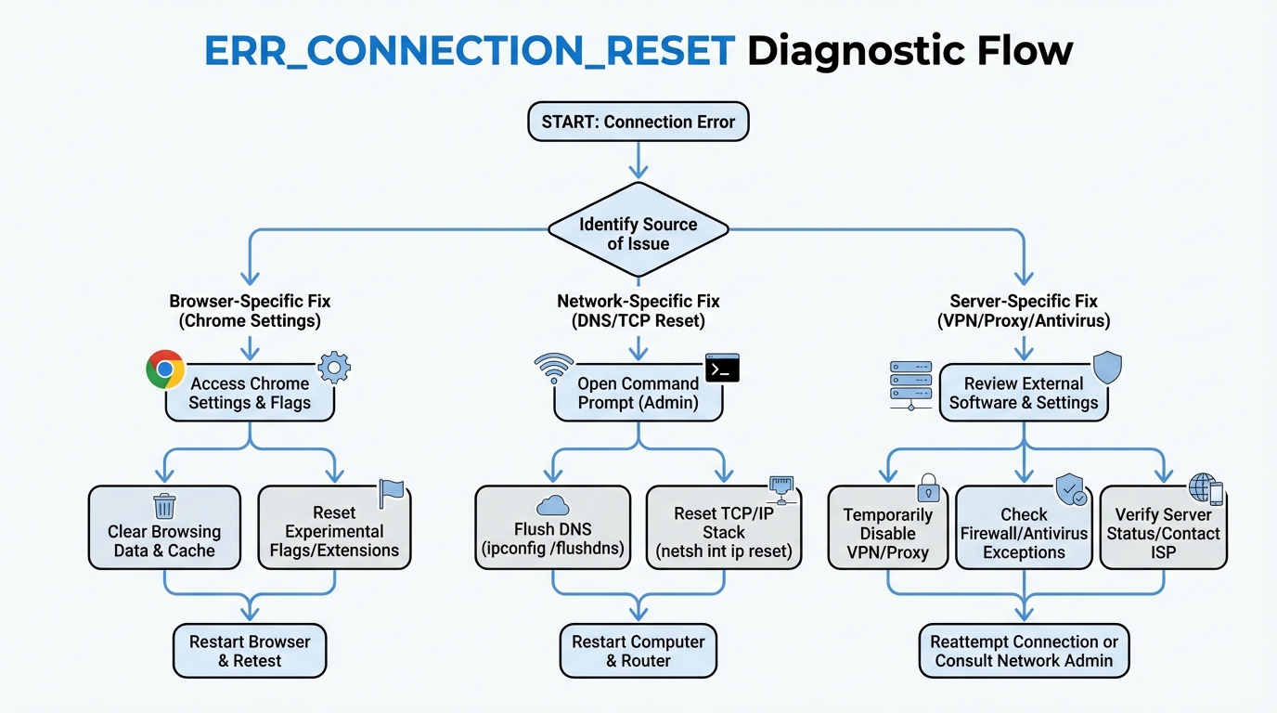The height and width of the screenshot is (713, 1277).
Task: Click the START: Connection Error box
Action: point(638,122)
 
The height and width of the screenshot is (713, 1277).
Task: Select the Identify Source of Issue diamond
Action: point(638,234)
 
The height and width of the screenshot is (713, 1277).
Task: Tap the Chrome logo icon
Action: point(165,369)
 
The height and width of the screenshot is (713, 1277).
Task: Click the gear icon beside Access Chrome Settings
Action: point(334,369)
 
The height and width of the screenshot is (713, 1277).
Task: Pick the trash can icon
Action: point(164,506)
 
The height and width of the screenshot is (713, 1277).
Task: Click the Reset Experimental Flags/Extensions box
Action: point(333,531)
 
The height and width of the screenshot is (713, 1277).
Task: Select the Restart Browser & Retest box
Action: point(250,651)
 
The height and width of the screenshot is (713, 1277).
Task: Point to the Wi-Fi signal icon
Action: point(554,369)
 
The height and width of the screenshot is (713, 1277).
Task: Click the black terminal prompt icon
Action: point(722,368)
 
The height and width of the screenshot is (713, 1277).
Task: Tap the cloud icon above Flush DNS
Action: point(553,505)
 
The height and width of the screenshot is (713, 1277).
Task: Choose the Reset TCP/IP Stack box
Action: point(723,532)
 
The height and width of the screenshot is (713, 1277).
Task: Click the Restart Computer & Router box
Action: point(638,651)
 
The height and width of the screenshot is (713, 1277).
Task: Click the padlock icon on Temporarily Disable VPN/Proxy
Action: point(928,488)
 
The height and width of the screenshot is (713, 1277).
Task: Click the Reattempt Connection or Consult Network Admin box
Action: point(1025,651)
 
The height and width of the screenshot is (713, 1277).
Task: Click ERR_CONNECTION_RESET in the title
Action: point(470,50)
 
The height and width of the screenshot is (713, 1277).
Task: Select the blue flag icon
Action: point(391,493)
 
